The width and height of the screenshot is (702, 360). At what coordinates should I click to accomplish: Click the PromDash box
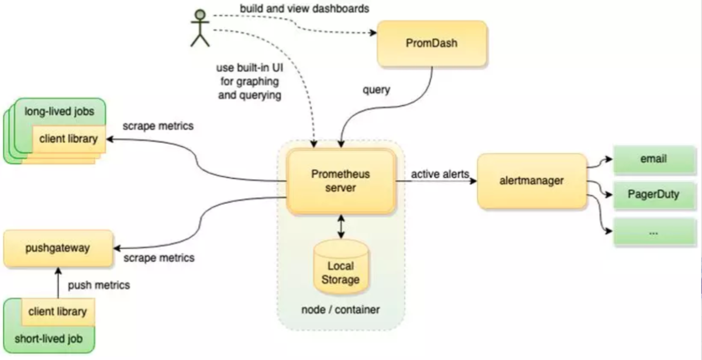(432, 43)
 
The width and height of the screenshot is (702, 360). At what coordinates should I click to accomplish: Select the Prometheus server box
(341, 181)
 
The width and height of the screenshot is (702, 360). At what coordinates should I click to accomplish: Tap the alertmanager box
(531, 181)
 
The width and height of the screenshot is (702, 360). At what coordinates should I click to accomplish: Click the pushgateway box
(58, 248)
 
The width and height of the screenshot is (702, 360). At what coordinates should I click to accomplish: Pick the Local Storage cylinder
(341, 269)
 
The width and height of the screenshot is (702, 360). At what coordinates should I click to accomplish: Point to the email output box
(653, 159)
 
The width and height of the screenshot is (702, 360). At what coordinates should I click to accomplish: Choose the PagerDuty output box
(653, 194)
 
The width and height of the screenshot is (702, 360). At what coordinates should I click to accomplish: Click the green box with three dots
(653, 232)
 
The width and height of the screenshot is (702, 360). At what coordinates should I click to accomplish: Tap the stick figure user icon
(200, 28)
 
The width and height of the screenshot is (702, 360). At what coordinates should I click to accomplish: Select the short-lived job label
(49, 338)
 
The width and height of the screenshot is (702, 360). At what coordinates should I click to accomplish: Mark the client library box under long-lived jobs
(69, 138)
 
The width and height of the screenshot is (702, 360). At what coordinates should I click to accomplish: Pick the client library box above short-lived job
(57, 312)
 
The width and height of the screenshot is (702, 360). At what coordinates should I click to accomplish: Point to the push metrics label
(99, 285)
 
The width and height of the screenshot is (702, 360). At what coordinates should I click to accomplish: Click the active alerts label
(439, 174)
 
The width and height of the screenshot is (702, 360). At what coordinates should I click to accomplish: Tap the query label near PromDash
(376, 89)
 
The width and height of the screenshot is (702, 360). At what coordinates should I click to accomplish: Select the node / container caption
(340, 309)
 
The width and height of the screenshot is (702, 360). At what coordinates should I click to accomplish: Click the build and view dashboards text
(304, 8)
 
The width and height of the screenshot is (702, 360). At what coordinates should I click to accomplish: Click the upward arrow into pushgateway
(58, 283)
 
